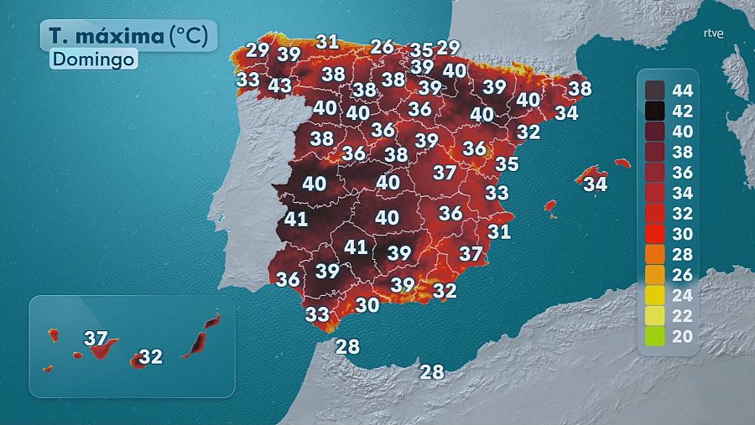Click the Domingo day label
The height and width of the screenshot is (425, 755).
[x=92, y=60]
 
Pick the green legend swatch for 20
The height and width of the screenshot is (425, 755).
[x=655, y=338]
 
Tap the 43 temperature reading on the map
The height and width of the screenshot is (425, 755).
[x=279, y=86]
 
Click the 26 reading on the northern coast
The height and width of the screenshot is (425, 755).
[x=382, y=47]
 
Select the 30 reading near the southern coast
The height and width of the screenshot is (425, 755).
[x=367, y=305]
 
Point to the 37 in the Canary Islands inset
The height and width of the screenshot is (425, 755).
[x=97, y=339]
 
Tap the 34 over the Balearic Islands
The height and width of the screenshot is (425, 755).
[x=595, y=183]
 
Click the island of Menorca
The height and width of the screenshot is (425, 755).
[x=622, y=163]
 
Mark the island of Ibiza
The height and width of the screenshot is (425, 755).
[x=550, y=205]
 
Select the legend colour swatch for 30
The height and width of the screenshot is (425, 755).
[x=655, y=235]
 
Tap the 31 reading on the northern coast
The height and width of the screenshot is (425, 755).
[x=327, y=41]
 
